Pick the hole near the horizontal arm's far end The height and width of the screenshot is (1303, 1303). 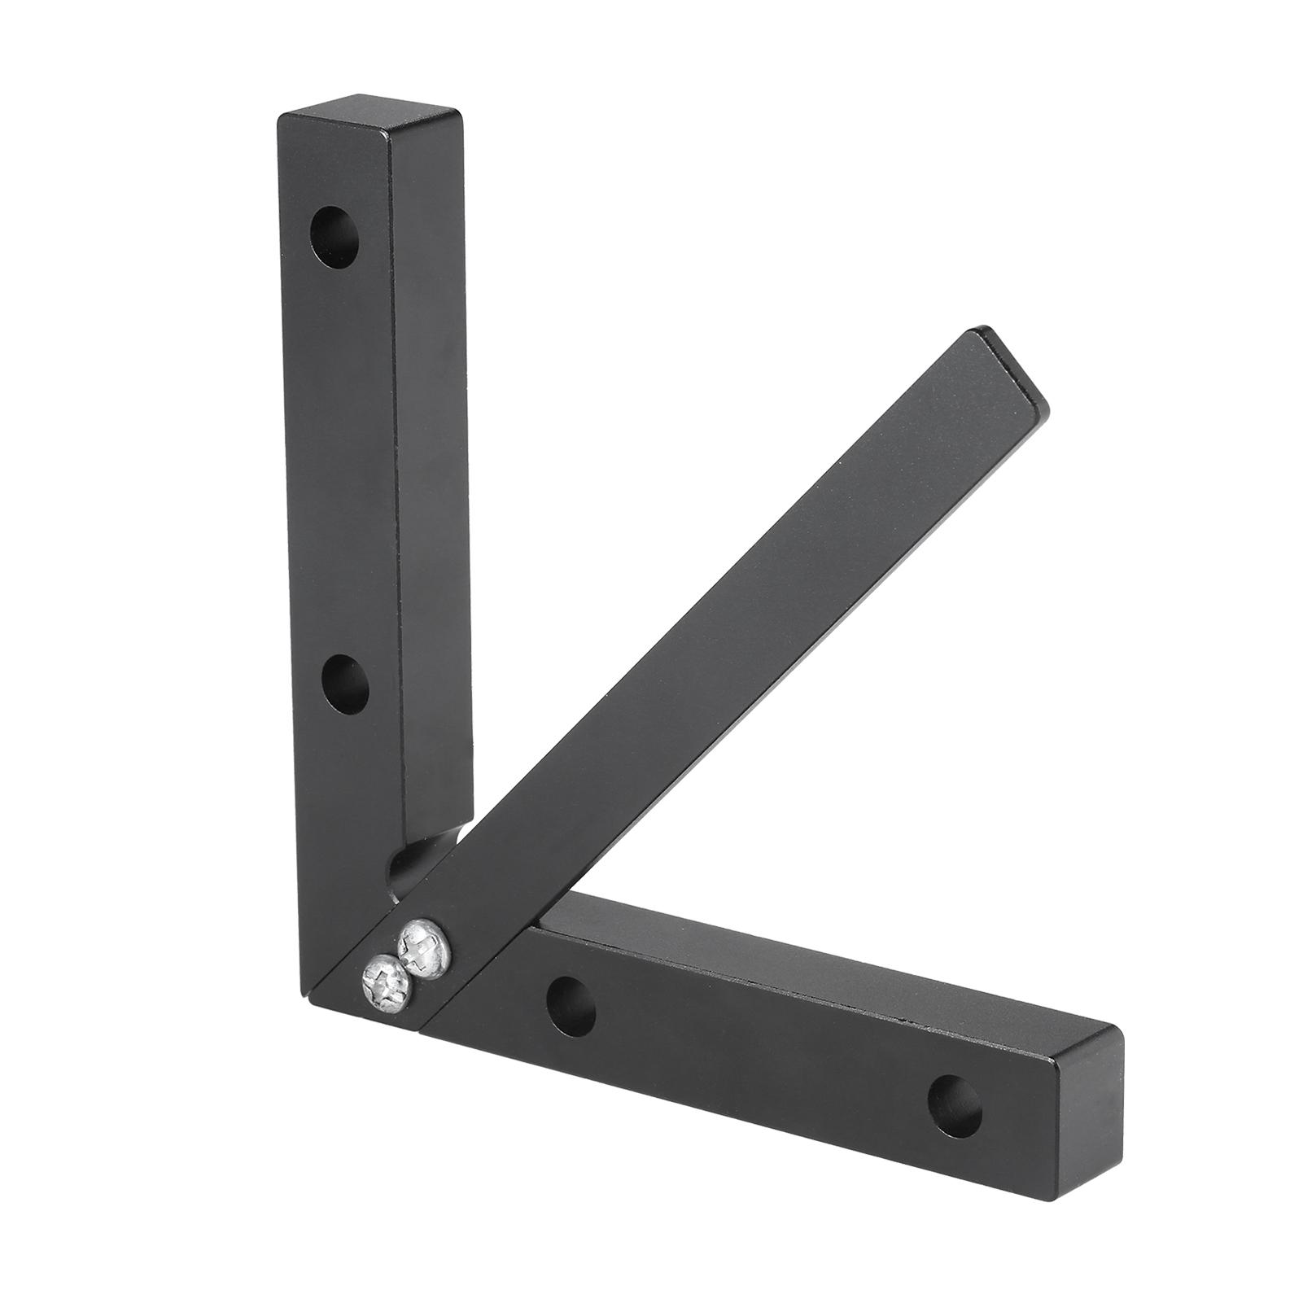pos(954,1095)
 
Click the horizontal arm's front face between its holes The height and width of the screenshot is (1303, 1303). pos(757,1050)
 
